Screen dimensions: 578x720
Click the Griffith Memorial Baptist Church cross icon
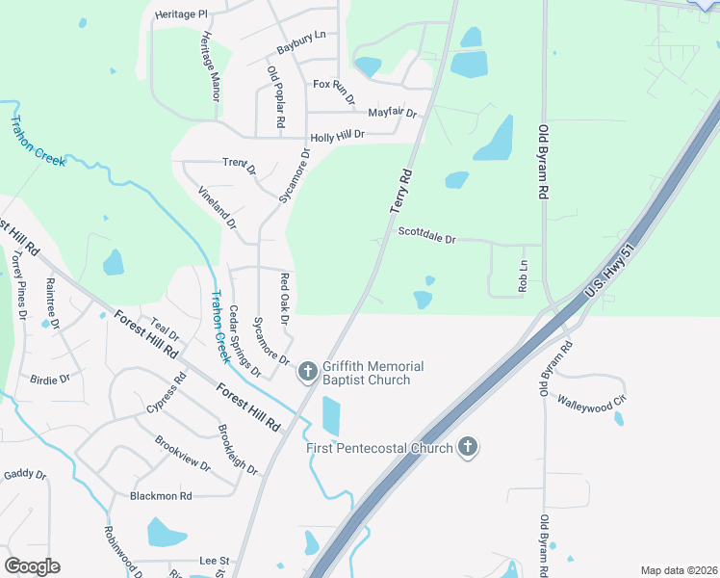(308, 371)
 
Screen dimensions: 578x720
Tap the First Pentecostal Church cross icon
(467, 447)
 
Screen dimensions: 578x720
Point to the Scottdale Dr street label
(426, 235)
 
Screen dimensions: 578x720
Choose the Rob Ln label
(524, 276)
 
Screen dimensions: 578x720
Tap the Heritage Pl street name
(181, 15)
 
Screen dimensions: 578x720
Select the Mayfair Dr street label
(392, 113)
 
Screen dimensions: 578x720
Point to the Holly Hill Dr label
(337, 137)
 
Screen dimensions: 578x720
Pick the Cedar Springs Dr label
(244, 340)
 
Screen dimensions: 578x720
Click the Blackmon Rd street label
(161, 496)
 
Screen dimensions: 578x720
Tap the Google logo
(32, 565)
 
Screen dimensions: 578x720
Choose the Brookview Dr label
(183, 453)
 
